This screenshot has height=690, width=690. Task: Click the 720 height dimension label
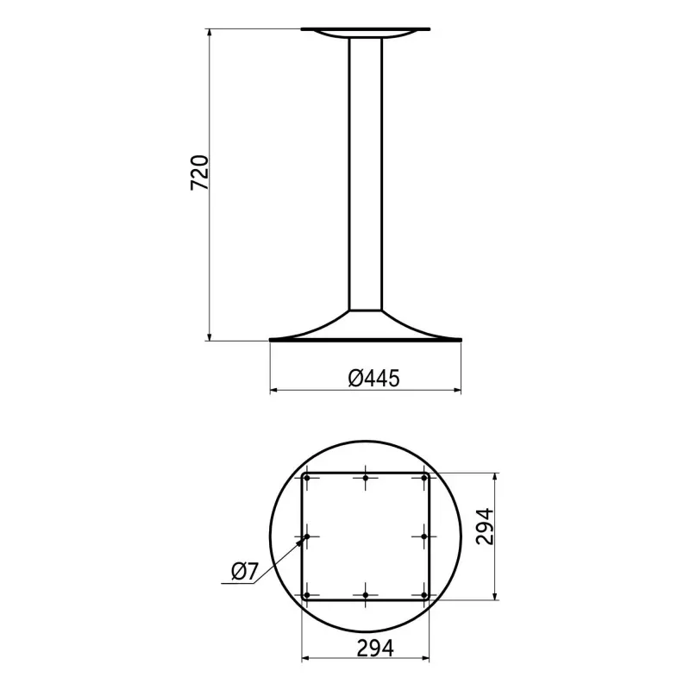pos(199,172)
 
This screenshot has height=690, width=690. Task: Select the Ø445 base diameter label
pos(374,378)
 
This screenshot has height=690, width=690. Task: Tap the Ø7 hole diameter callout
pos(244,572)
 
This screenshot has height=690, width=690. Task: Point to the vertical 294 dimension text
pos(485,527)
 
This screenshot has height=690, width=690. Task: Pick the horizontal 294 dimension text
pos(375,648)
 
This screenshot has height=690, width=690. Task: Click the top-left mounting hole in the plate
pos(307,478)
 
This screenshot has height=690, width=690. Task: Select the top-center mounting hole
pos(366,478)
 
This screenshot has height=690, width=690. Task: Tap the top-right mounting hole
pos(424,478)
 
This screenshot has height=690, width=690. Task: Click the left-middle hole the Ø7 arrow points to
pos(307,536)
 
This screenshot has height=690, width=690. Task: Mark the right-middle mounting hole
pos(424,536)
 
